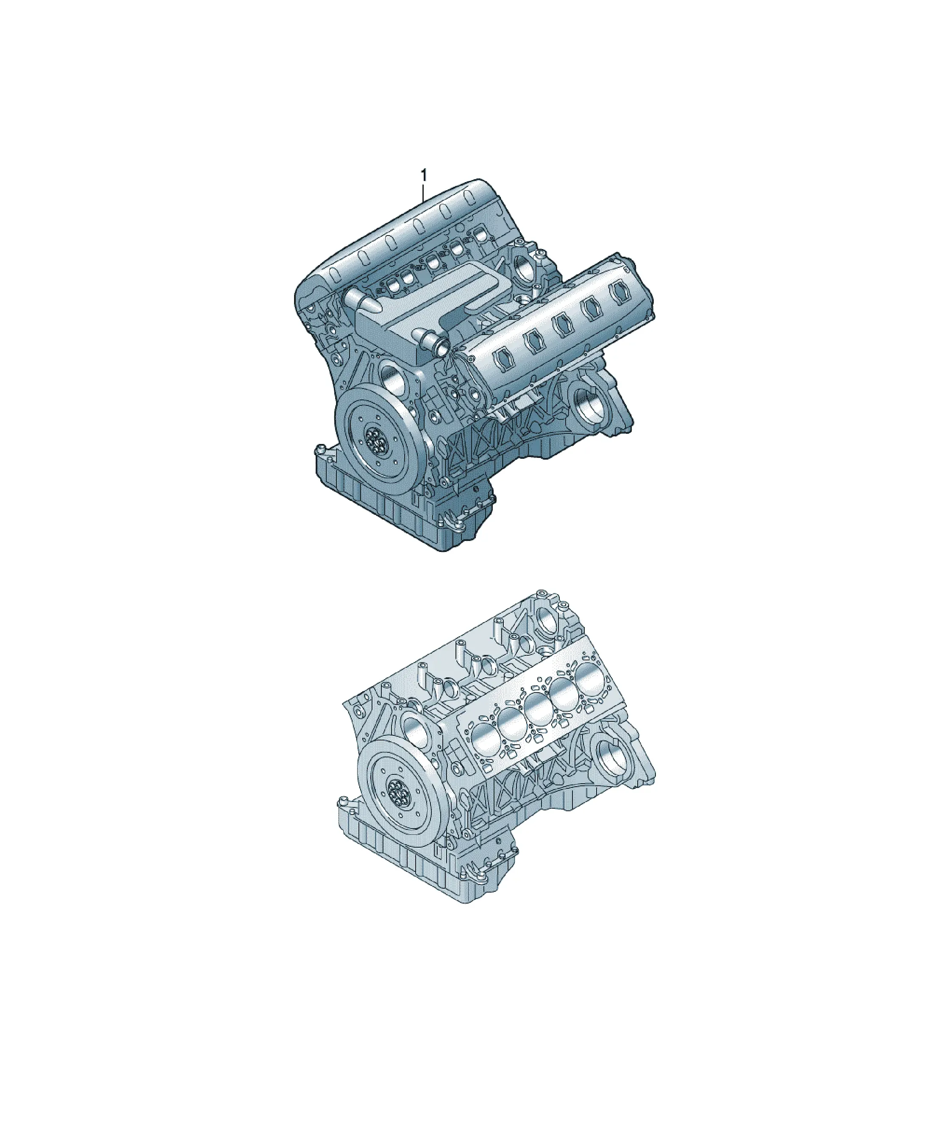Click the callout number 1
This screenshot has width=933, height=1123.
point(424,175)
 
